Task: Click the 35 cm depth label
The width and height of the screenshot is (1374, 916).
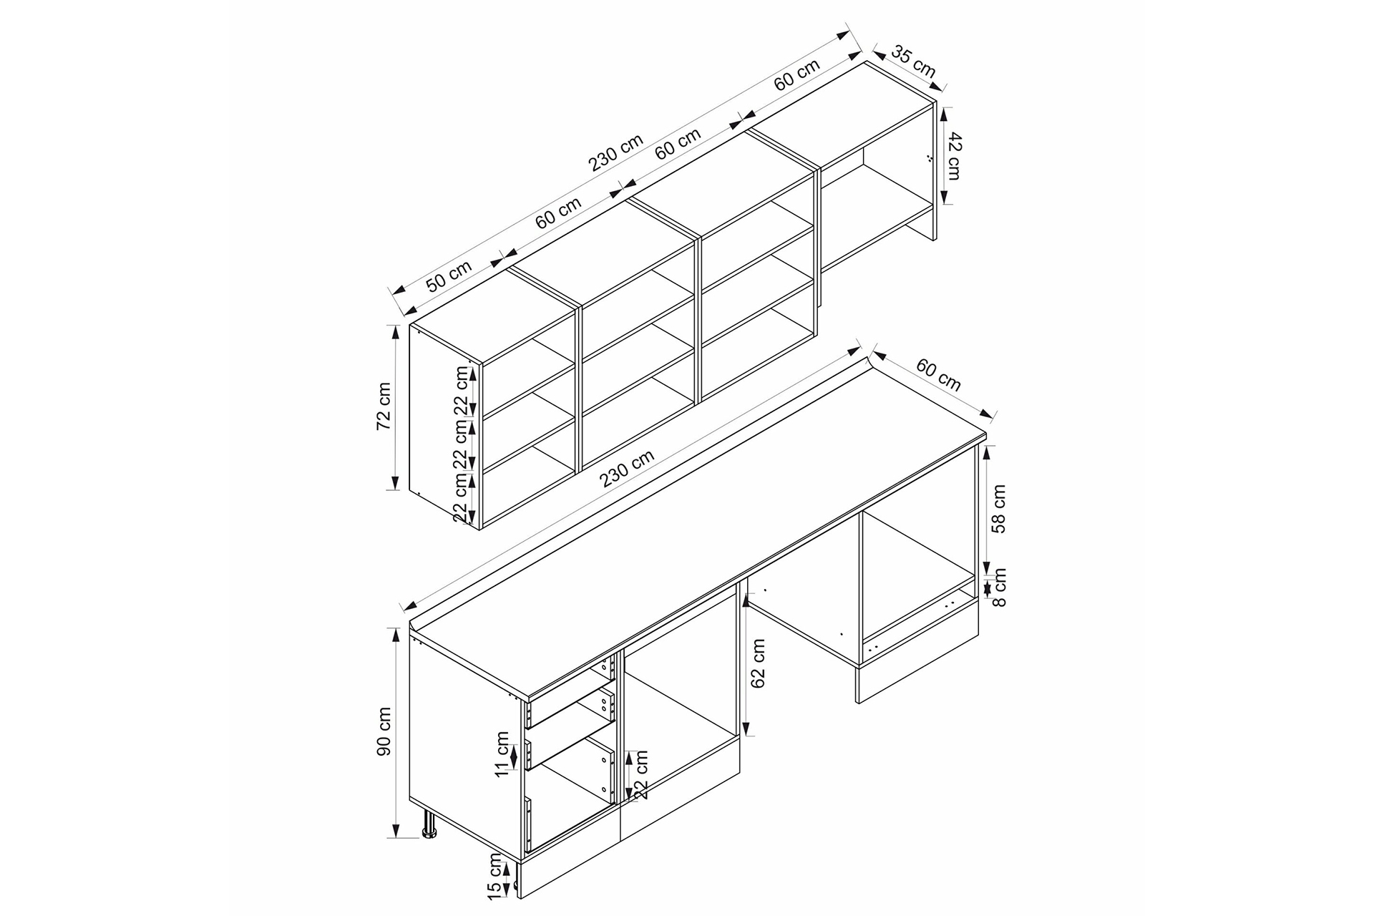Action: click(x=913, y=62)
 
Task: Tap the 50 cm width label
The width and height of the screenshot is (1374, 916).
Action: click(x=449, y=276)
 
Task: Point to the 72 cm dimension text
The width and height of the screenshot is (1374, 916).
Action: click(x=384, y=406)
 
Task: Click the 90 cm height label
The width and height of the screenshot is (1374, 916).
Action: click(x=384, y=731)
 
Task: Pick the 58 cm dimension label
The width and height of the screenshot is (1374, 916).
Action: click(x=999, y=509)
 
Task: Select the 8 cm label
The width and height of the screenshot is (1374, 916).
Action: click(x=1000, y=588)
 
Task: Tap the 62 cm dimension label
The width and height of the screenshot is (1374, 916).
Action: click(x=759, y=663)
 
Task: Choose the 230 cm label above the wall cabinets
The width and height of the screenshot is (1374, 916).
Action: click(x=616, y=153)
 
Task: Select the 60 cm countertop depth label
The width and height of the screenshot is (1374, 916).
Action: click(x=939, y=375)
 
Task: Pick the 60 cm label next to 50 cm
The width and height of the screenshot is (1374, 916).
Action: click(x=558, y=213)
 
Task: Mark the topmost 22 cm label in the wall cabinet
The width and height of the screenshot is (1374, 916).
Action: click(x=461, y=391)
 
